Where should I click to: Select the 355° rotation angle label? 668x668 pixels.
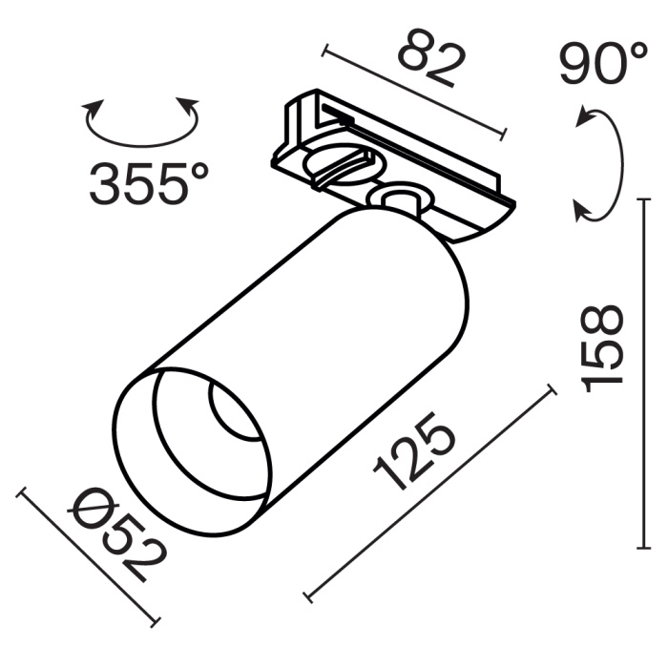147,183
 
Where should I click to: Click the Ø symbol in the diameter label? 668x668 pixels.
90,511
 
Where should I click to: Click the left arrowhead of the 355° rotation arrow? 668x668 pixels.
93,106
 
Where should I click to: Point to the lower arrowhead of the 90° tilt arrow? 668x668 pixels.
583,209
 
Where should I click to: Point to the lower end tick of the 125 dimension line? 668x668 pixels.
308,598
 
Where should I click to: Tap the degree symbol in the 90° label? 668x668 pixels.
637,54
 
